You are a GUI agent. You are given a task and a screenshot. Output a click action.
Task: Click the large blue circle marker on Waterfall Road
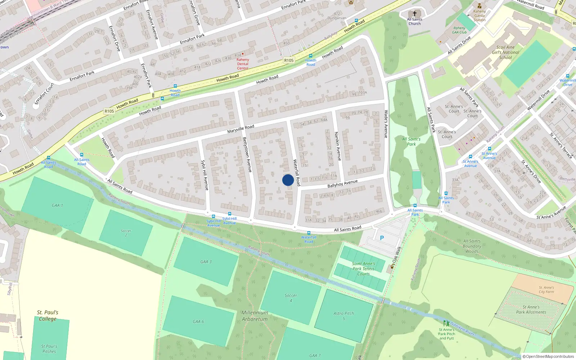tap(288, 180)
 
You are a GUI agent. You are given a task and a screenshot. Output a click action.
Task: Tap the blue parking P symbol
tap(382, 238)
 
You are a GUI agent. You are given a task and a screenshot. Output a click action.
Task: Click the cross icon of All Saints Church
tap(414, 14)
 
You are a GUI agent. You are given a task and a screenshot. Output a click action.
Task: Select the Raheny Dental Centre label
tap(243, 64)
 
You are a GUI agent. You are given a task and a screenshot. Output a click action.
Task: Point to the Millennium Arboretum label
tap(255, 316)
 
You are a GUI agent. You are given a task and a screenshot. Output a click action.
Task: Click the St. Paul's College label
tap(48, 316)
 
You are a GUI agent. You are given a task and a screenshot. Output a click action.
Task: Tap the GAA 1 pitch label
tap(57, 206)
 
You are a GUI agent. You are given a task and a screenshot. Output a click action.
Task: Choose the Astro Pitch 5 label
tap(343, 316)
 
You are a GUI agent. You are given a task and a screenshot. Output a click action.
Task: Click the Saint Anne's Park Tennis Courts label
tap(364, 269)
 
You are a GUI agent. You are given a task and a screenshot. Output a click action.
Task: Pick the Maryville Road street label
tap(240, 129)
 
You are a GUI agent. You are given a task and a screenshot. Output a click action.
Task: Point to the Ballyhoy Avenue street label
tap(342, 184)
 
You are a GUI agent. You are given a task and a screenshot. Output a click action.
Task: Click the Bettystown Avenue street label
tap(247, 154)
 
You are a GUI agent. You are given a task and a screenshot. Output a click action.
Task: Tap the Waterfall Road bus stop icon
tap(309, 233)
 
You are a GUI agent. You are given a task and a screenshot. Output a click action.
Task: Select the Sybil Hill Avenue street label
tap(204, 175)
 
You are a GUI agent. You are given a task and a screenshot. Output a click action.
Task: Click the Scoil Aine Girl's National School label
tap(505, 52)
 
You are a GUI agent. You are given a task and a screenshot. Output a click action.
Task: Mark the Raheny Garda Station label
tap(480, 15)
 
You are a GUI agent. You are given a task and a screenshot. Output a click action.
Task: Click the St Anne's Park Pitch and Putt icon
tap(446, 323)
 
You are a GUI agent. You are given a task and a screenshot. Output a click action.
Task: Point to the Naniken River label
tap(463, 329)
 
